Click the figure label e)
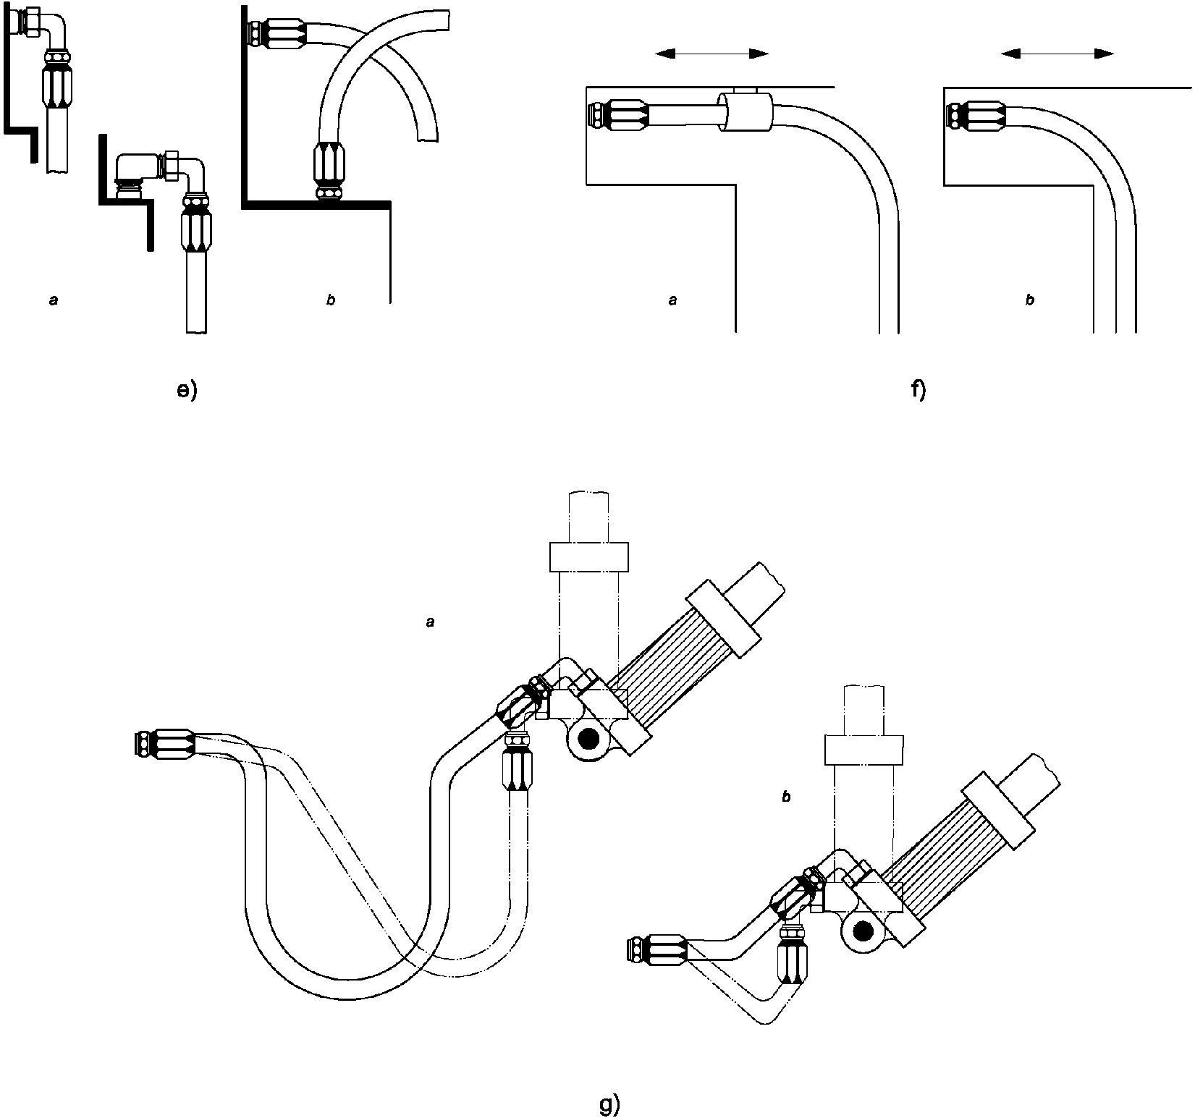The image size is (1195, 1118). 187,391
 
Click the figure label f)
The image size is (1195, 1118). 919,391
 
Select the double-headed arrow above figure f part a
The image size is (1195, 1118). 711,54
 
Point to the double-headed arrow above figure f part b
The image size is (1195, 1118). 1057,54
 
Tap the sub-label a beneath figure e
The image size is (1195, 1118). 53,300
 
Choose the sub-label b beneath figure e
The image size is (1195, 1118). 331,300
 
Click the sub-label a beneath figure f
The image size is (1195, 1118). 672,300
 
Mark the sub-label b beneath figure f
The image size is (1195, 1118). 1030,300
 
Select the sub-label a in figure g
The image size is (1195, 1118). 431,622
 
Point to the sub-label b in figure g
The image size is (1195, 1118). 786,797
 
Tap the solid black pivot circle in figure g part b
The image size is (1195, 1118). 861,933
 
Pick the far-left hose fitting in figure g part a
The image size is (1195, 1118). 166,743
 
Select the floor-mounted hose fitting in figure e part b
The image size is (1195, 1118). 330,171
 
